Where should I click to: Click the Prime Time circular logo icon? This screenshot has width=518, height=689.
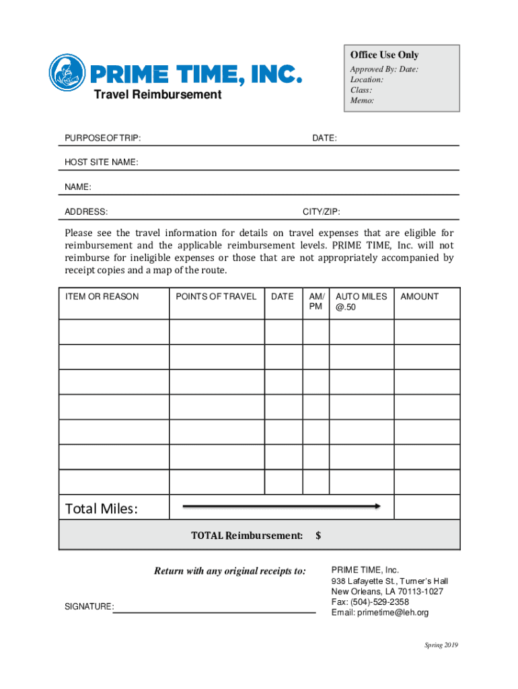pos(67,73)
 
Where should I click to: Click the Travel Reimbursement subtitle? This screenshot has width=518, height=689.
pos(157,95)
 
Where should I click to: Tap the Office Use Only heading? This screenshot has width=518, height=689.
pos(384,55)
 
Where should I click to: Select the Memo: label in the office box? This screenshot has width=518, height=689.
pos(362,100)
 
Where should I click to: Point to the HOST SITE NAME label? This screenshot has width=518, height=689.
pos(102,163)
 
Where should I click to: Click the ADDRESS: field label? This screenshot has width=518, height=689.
pos(86,212)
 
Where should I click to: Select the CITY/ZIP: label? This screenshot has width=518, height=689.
pos(322,212)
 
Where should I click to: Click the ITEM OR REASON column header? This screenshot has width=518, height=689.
pos(102,297)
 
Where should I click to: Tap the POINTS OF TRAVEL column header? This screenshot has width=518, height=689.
pos(216,297)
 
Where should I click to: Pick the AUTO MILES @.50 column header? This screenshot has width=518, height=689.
pos(361,302)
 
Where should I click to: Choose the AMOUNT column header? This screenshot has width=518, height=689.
pos(419,297)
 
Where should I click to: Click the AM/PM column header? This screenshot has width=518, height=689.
pos(316,302)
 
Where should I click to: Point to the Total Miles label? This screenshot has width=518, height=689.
pos(101,509)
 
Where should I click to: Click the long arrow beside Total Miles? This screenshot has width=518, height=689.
pos(282,506)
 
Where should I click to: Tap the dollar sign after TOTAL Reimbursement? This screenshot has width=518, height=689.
pos(318,536)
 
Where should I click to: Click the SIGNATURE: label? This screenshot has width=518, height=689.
pos(89,607)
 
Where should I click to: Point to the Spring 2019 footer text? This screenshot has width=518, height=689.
pos(441,646)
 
